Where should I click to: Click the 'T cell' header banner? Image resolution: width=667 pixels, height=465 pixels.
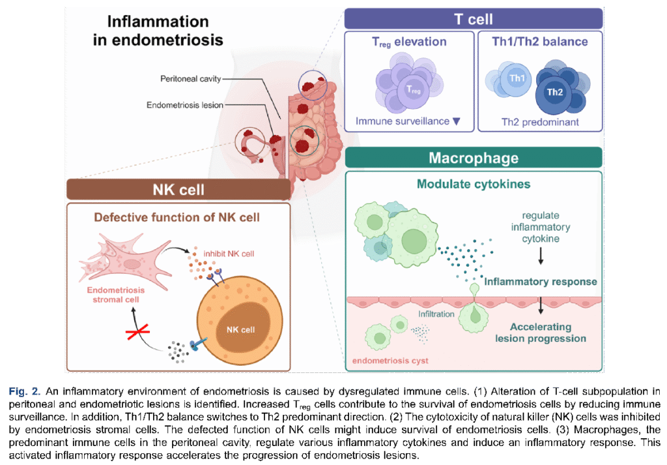pyautogui.click(x=473, y=19)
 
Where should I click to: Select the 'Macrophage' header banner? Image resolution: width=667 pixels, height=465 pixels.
pyautogui.click(x=474, y=158)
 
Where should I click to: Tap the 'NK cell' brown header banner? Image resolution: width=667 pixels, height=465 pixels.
pyautogui.click(x=178, y=190)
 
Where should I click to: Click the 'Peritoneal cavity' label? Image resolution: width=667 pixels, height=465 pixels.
pyautogui.click(x=191, y=79)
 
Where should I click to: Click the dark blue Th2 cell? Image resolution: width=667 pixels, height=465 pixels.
pyautogui.click(x=554, y=92)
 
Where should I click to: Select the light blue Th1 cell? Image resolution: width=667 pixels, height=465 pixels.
pyautogui.click(x=517, y=79)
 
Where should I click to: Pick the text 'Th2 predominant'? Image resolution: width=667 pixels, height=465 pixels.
pyautogui.click(x=540, y=122)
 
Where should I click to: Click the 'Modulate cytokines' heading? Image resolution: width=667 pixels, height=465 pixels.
pyautogui.click(x=474, y=184)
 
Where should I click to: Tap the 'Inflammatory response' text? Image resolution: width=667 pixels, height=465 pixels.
pyautogui.click(x=541, y=282)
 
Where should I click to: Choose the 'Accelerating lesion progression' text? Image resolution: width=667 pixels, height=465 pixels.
pyautogui.click(x=541, y=333)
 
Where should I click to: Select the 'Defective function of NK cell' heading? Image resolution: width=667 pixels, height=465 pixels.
pyautogui.click(x=177, y=217)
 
